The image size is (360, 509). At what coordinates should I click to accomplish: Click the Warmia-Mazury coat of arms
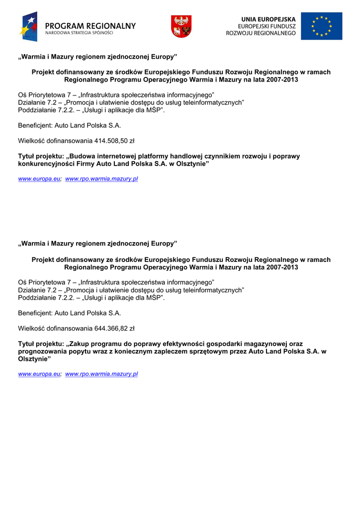(x=181, y=26)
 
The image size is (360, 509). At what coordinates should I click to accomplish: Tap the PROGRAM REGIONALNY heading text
(x=90, y=26)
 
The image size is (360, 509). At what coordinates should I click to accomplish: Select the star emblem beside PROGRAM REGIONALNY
(x=29, y=26)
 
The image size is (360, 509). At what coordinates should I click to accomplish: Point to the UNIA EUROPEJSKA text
(x=269, y=19)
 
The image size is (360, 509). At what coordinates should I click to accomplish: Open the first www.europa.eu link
(x=39, y=178)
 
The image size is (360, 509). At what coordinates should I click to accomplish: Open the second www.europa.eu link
(x=39, y=374)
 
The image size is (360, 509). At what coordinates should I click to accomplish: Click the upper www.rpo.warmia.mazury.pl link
(x=101, y=178)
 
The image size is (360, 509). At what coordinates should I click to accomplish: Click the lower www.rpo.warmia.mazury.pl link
(x=101, y=374)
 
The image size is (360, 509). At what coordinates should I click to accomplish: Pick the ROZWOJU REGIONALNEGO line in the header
(x=261, y=33)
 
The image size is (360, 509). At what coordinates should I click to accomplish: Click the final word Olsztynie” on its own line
(x=34, y=358)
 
